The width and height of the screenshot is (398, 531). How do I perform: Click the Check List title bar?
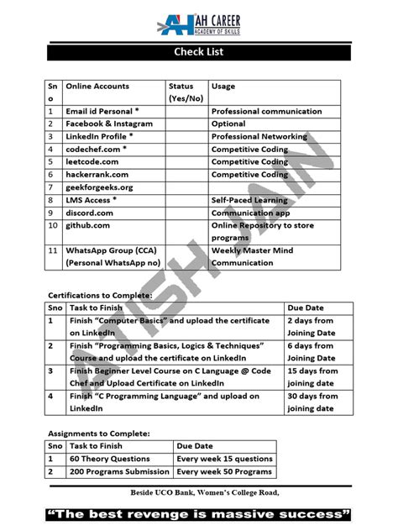tap(198, 53)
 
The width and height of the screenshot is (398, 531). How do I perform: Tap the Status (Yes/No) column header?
tap(186, 92)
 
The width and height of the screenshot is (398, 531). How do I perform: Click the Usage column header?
tap(223, 87)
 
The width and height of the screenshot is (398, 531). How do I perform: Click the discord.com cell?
tap(90, 213)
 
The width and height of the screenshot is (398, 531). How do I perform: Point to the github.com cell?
tap(88, 226)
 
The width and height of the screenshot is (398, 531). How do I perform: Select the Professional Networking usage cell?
tap(260, 136)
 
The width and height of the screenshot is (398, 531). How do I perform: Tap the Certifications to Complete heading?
tap(99, 296)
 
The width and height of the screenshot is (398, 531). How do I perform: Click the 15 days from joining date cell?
tap(312, 376)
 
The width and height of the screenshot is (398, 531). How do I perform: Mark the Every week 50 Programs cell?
tap(224, 472)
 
